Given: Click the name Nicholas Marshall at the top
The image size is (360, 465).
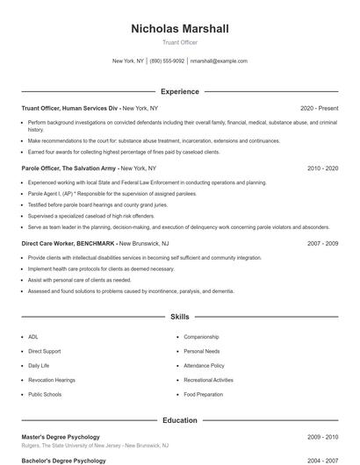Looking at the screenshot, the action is pyautogui.click(x=180, y=29).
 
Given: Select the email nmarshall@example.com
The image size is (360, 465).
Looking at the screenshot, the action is pyautogui.click(x=219, y=61).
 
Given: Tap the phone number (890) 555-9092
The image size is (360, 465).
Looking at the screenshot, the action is pyautogui.click(x=167, y=61).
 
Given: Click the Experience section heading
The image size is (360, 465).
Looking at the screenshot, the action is pyautogui.click(x=180, y=91).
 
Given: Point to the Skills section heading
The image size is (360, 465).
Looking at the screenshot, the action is pyautogui.click(x=180, y=316).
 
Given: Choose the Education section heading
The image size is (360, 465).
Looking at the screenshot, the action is pyautogui.click(x=180, y=420).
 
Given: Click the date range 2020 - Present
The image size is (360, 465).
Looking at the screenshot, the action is pyautogui.click(x=319, y=108).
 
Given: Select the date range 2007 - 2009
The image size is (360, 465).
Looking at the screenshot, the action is pyautogui.click(x=322, y=243).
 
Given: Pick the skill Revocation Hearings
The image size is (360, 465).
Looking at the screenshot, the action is pyautogui.click(x=52, y=380).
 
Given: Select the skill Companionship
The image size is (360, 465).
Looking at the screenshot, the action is pyautogui.click(x=201, y=336).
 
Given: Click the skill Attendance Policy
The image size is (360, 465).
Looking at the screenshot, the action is pyautogui.click(x=204, y=365).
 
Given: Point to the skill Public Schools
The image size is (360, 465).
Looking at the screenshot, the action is pyautogui.click(x=45, y=394).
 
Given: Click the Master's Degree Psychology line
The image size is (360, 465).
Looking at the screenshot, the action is pyautogui.click(x=61, y=437).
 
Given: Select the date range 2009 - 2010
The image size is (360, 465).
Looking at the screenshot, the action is pyautogui.click(x=322, y=437).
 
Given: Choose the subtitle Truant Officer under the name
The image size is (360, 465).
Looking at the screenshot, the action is pyautogui.click(x=180, y=43).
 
